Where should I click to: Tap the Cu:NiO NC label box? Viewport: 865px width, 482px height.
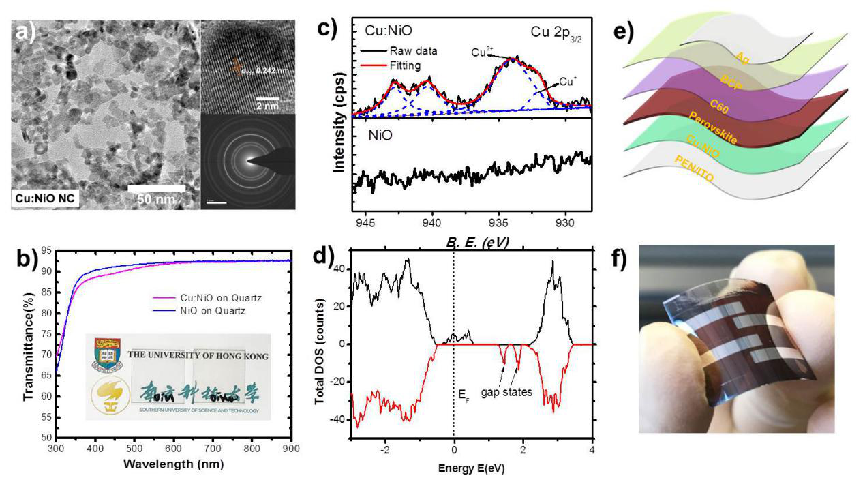pos(44,199)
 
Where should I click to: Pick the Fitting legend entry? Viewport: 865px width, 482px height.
pos(405,65)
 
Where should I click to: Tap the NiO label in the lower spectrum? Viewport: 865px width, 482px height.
pos(376,136)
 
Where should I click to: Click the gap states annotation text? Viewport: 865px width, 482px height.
pos(507,393)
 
